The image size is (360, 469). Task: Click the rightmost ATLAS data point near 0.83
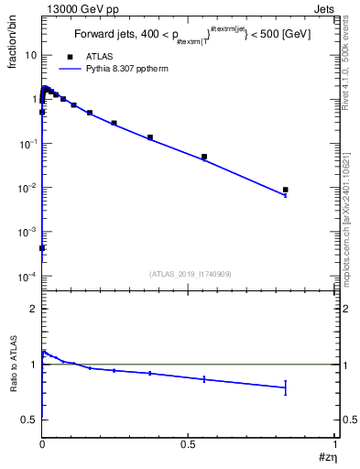tap(286, 190)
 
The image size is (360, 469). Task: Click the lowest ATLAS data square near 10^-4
tap(42, 248)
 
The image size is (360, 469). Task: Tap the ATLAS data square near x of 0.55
tap(204, 157)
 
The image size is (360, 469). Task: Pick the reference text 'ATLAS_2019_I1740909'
tap(191, 274)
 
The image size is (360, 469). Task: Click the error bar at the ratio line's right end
tap(286, 387)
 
